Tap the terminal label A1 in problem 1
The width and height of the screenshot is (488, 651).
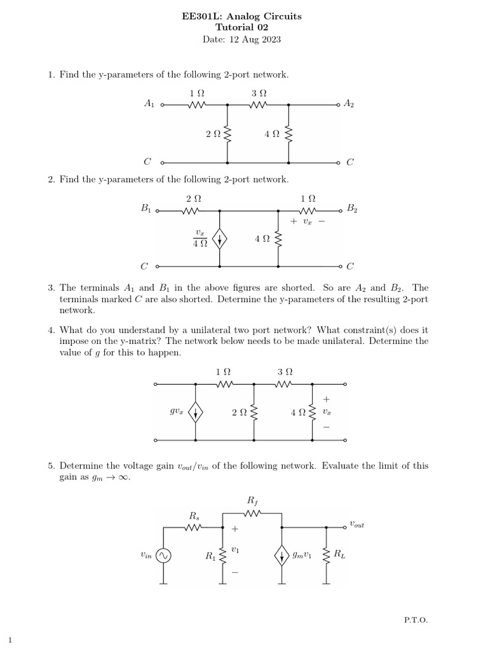coord(149,104)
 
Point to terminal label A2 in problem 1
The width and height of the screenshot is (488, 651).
coord(349,104)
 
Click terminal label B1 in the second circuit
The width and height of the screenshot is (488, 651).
coord(145,208)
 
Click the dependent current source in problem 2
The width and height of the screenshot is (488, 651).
coord(220,239)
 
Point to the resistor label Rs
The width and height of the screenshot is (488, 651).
coord(194,514)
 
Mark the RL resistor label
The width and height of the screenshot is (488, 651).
coord(339,555)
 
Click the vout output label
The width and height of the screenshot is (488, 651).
coord(357,524)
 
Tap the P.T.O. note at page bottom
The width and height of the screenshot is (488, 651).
coord(416,619)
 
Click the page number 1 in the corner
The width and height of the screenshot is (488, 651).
coord(10,640)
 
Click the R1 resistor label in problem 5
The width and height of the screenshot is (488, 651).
coord(210,556)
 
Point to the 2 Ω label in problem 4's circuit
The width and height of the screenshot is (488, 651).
coord(240,413)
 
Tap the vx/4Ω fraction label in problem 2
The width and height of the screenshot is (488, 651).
coord(200,238)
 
